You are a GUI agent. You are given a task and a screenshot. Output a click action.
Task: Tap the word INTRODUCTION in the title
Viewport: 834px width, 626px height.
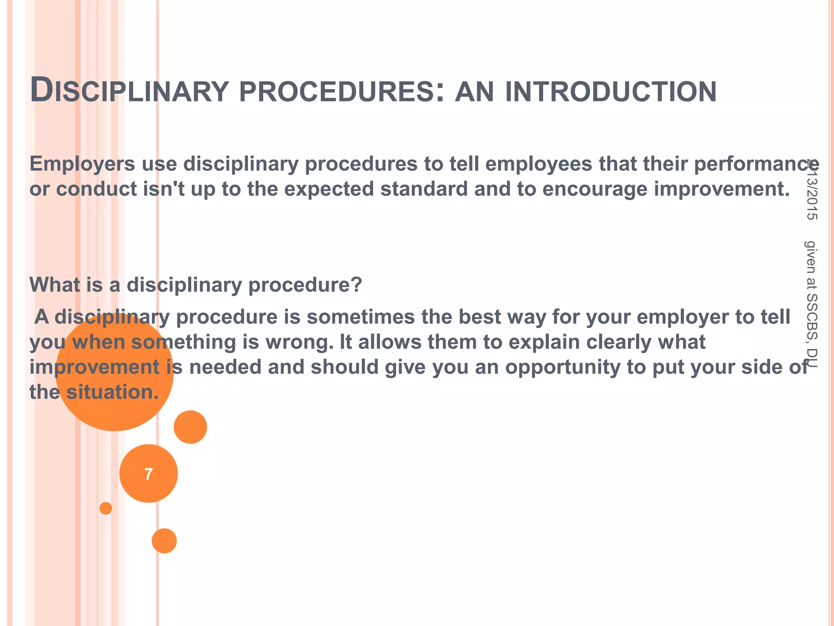pos(610,91)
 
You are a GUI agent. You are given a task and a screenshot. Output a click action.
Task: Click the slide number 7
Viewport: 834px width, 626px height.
pos(149,474)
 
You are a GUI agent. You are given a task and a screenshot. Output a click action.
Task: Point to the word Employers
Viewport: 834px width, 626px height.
pos(82,164)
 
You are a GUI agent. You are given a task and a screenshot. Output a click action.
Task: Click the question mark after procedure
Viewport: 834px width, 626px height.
pos(357,284)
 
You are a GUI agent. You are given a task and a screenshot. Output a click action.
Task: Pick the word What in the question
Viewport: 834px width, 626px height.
pos(55,284)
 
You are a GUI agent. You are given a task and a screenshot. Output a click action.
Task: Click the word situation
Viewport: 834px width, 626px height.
pos(112,392)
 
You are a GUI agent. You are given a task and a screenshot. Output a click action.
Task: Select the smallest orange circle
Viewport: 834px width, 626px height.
pos(106,508)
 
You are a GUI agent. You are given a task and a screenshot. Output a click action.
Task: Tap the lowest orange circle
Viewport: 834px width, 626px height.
pos(164,541)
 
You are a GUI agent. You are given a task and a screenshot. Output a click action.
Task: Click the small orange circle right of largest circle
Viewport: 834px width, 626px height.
pos(190,427)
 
